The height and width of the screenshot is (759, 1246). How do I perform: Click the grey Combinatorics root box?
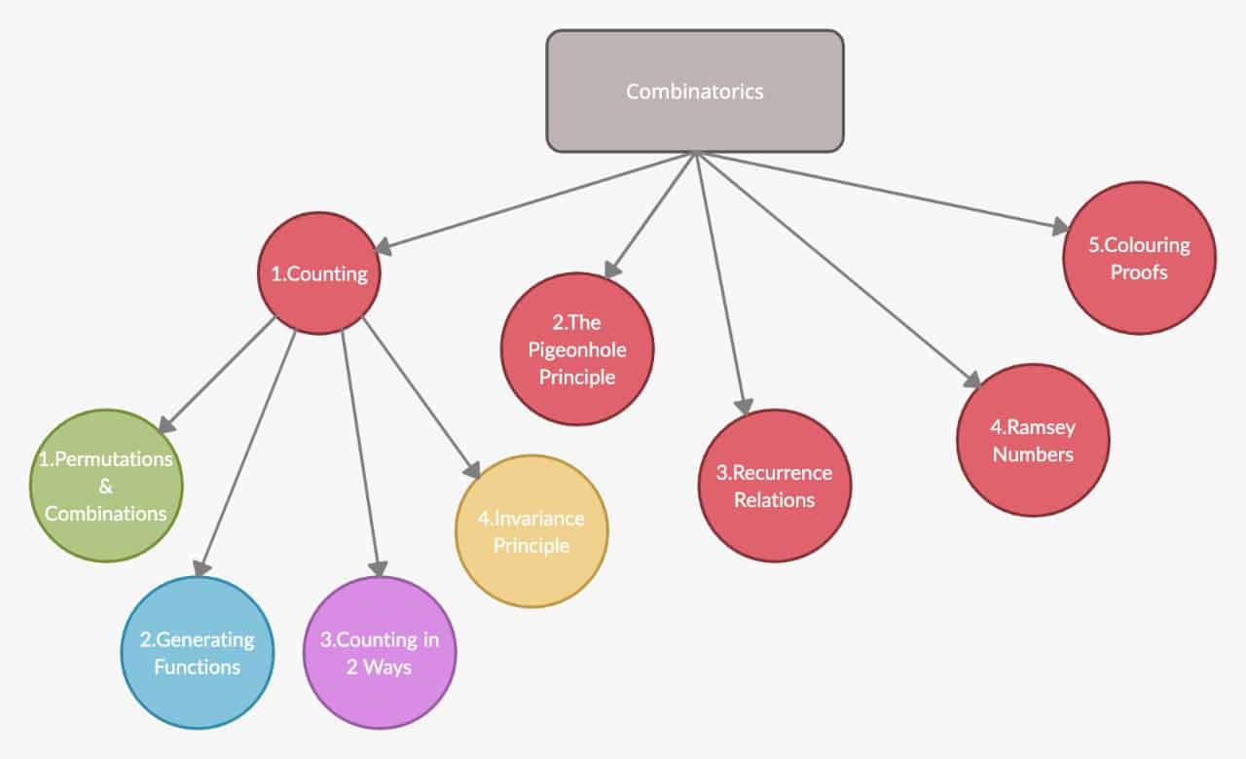pyautogui.click(x=694, y=91)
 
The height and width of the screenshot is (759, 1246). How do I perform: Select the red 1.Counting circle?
pyautogui.click(x=318, y=273)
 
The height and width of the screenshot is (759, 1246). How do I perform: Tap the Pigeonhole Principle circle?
pyautogui.click(x=577, y=349)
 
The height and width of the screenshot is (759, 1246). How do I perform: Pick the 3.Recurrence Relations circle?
pyautogui.click(x=775, y=486)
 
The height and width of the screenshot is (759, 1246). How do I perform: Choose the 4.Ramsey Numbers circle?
pyautogui.click(x=1033, y=440)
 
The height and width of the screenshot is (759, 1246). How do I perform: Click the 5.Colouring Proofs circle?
pyautogui.click(x=1139, y=259)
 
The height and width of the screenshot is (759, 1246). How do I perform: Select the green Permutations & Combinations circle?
pyautogui.click(x=106, y=486)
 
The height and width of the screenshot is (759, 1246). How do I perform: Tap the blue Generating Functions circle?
pyautogui.click(x=197, y=653)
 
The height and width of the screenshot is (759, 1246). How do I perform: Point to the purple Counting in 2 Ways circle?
pyautogui.click(x=380, y=653)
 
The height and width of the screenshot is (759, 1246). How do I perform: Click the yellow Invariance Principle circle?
pyautogui.click(x=531, y=531)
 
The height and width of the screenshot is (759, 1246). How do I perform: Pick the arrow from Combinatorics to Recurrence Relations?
pyautogui.click(x=720, y=282)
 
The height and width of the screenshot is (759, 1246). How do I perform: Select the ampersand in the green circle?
pyautogui.click(x=106, y=487)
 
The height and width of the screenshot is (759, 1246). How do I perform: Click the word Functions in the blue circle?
pyautogui.click(x=197, y=668)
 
